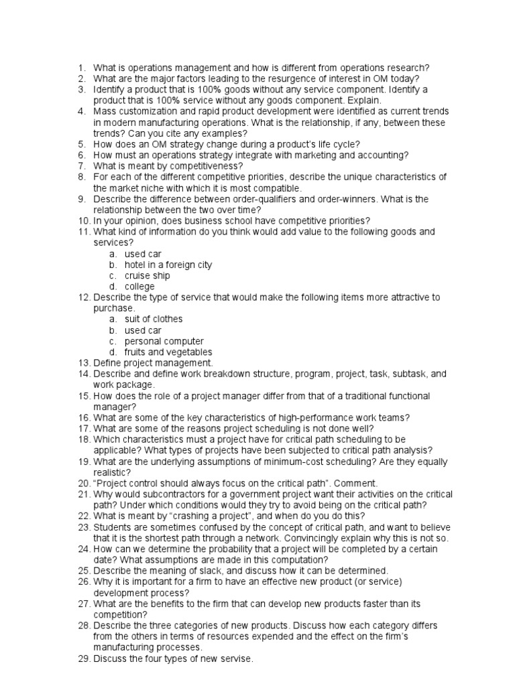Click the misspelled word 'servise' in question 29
click(236, 659)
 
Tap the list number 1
click(81, 68)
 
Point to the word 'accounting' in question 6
click(380, 155)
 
